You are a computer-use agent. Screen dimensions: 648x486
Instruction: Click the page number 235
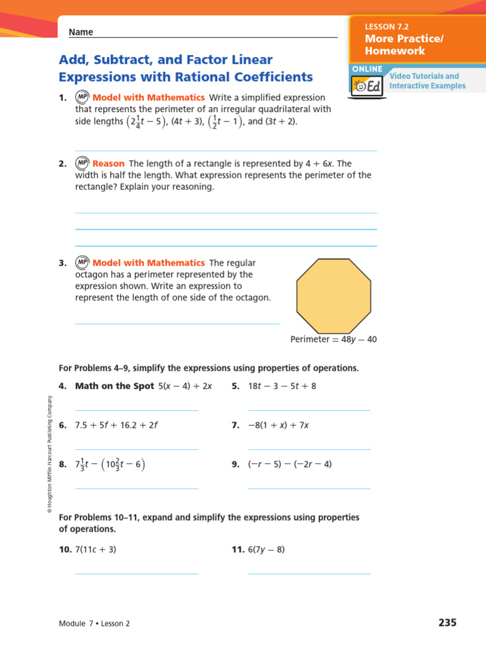click(x=447, y=623)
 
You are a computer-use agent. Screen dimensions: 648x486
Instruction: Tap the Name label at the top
click(x=81, y=32)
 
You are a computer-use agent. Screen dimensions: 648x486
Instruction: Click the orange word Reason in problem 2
click(x=108, y=164)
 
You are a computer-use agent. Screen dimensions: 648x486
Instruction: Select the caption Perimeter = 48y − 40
click(x=333, y=339)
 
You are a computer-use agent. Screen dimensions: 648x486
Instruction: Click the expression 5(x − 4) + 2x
click(x=185, y=386)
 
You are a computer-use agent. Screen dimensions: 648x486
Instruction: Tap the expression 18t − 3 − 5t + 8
click(x=282, y=386)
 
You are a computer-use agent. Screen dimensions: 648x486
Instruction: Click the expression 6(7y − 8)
click(x=266, y=550)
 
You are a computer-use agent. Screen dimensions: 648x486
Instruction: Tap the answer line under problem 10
click(x=137, y=573)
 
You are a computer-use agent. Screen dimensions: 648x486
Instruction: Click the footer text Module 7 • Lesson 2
click(x=94, y=623)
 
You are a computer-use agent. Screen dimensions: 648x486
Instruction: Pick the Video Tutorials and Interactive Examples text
click(x=427, y=81)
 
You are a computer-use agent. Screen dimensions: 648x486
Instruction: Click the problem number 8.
click(x=63, y=464)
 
